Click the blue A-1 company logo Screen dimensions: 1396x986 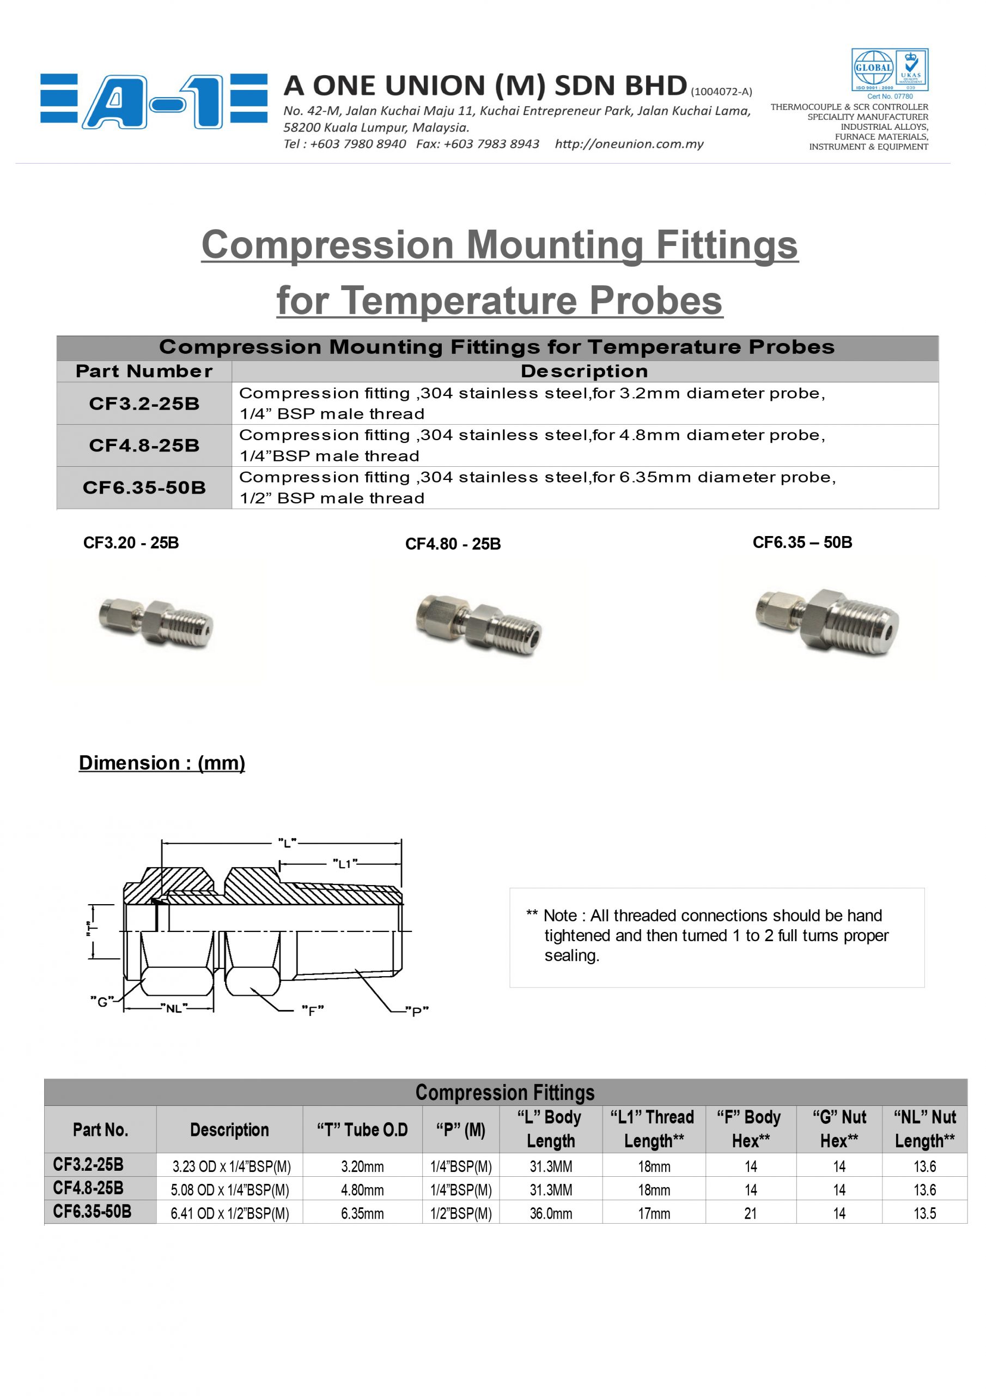[x=154, y=101]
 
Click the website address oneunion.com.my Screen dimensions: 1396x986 [x=629, y=144]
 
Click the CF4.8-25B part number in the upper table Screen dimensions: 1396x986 [x=144, y=446]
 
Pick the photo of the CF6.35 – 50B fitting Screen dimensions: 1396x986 [x=827, y=621]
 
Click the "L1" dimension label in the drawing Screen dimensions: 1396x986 [x=344, y=863]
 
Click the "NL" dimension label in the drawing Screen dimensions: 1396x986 [x=174, y=1008]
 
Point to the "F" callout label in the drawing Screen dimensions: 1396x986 [x=312, y=1010]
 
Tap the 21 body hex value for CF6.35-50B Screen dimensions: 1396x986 [x=750, y=1214]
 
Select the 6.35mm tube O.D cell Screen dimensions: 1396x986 [x=362, y=1214]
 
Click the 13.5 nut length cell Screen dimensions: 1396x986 [x=924, y=1214]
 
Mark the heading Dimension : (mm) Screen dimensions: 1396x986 [x=162, y=762]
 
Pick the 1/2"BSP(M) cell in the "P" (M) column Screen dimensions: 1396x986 [x=460, y=1214]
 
